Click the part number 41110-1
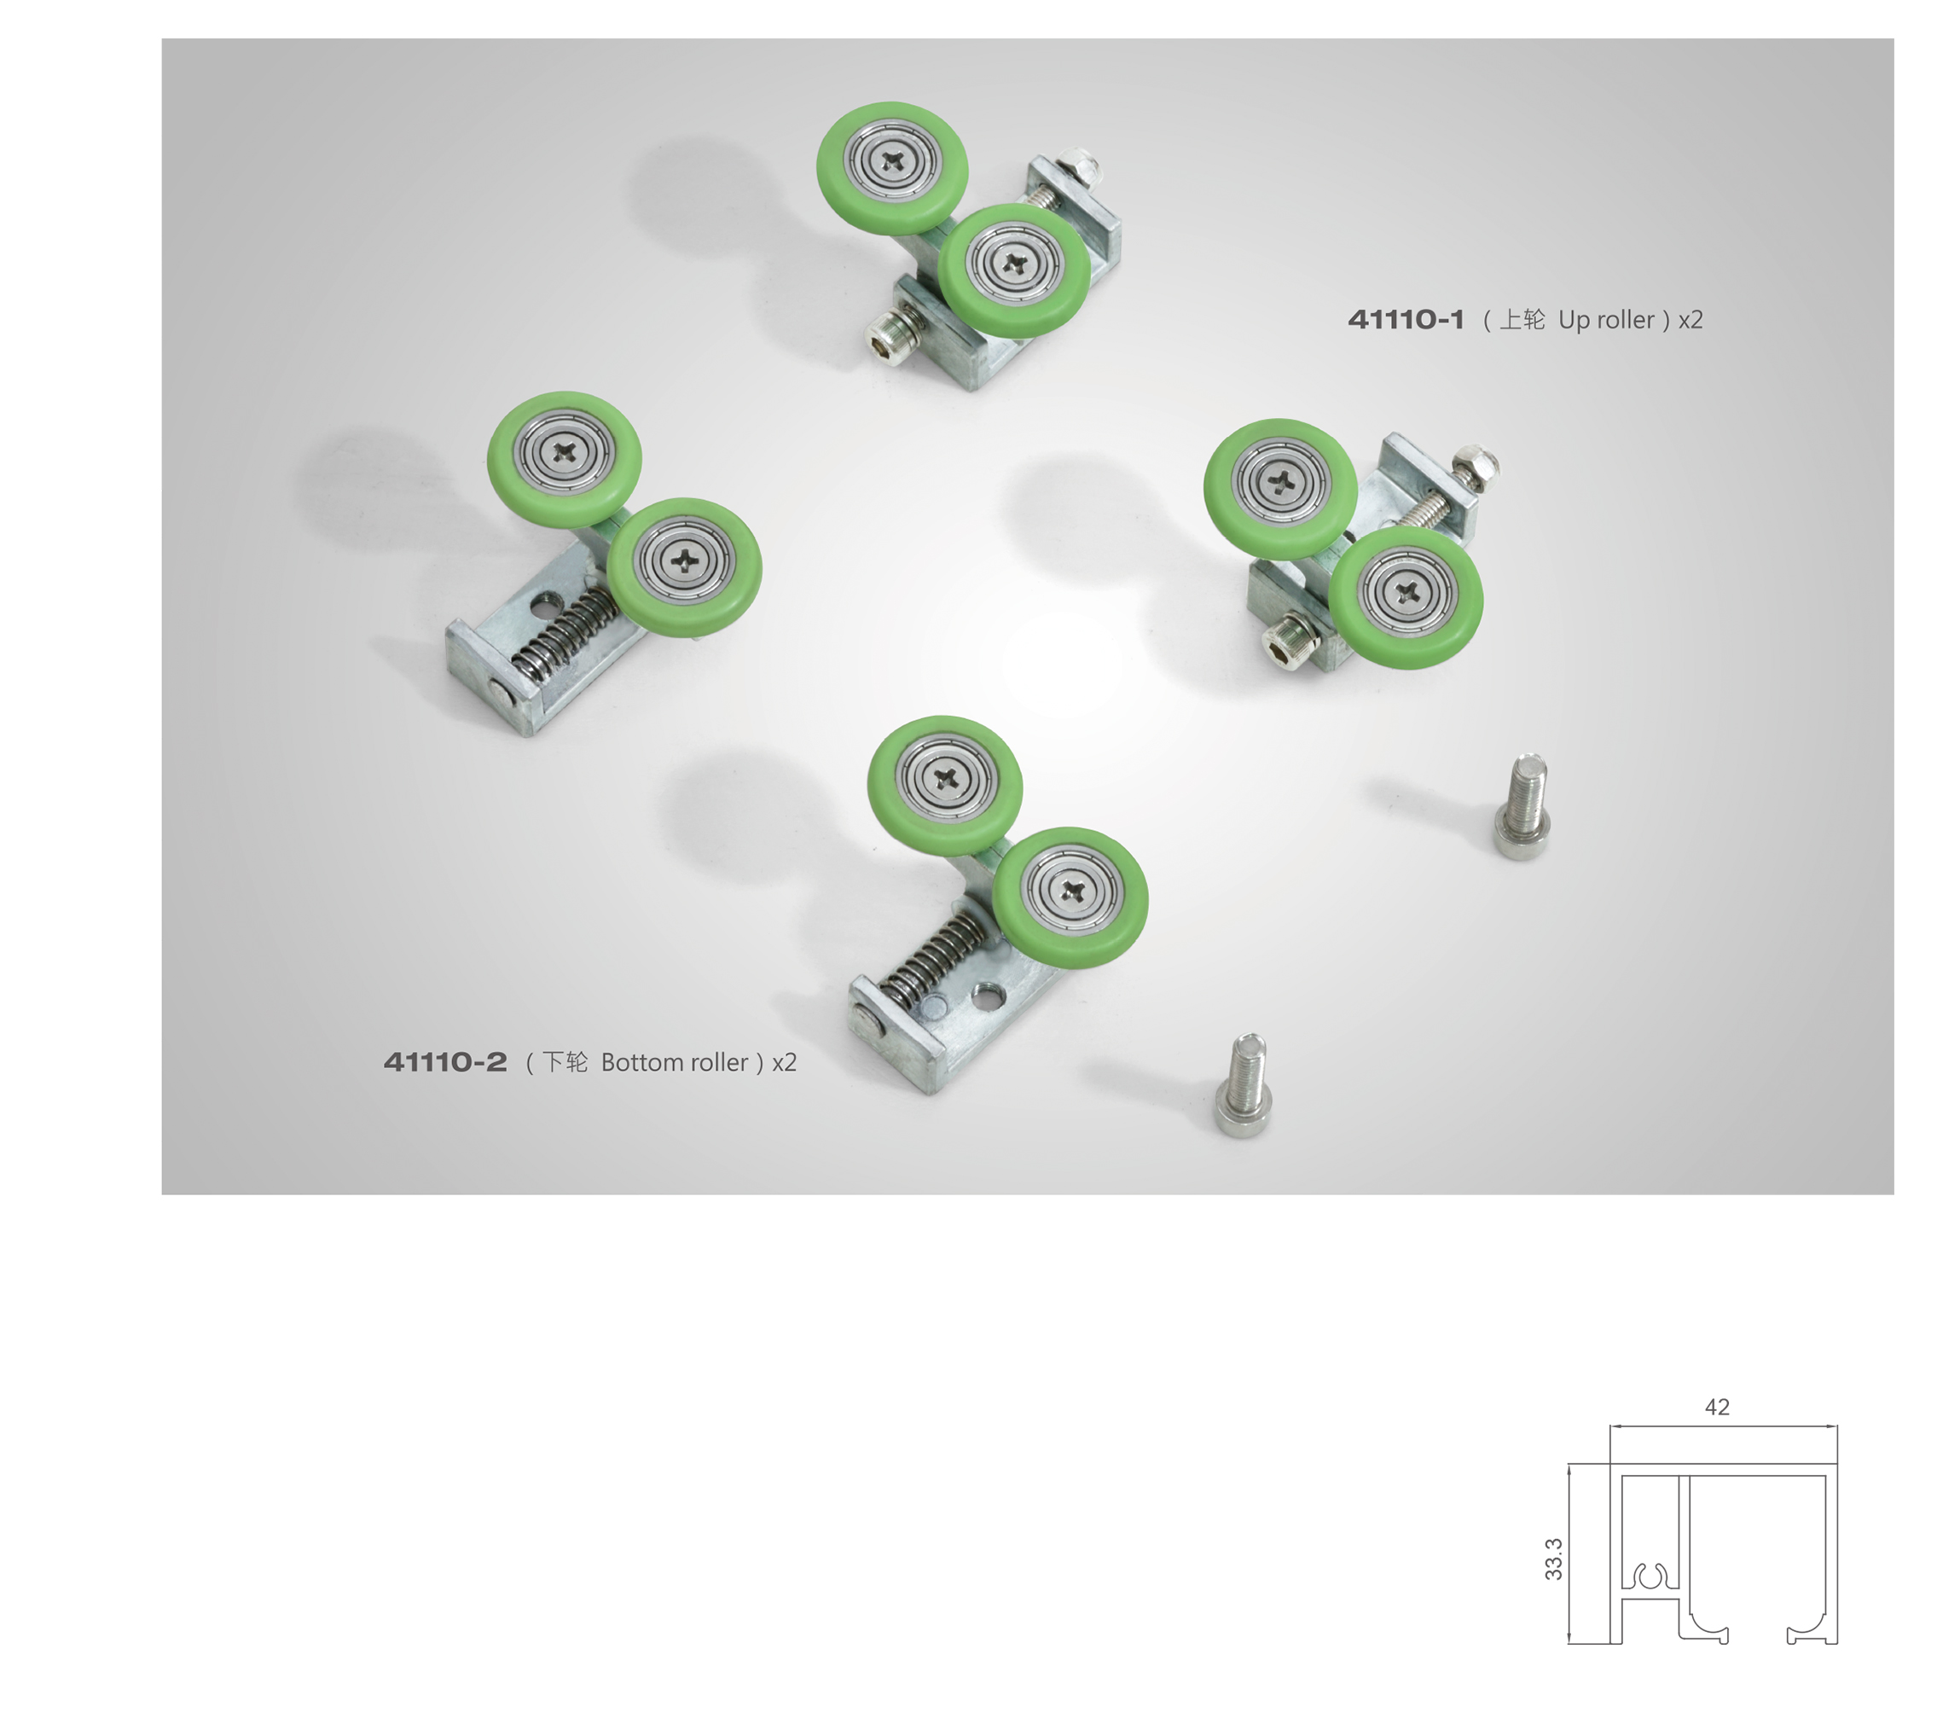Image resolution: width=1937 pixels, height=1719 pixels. pos(1406,320)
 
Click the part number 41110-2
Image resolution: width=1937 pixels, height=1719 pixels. pos(444,1062)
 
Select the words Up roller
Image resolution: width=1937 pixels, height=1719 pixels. pos(1606,320)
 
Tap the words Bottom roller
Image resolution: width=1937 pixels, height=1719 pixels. pos(674,1062)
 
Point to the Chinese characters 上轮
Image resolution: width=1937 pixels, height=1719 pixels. pos(1521,320)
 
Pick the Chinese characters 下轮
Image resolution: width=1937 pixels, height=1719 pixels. pos(564,1062)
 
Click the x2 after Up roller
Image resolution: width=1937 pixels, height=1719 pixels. pos(1690,320)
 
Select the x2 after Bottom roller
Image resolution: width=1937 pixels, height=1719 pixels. pos(784,1062)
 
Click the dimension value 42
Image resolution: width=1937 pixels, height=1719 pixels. pos(1717,1408)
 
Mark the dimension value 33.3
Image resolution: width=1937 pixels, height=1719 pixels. pos(1553,1559)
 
